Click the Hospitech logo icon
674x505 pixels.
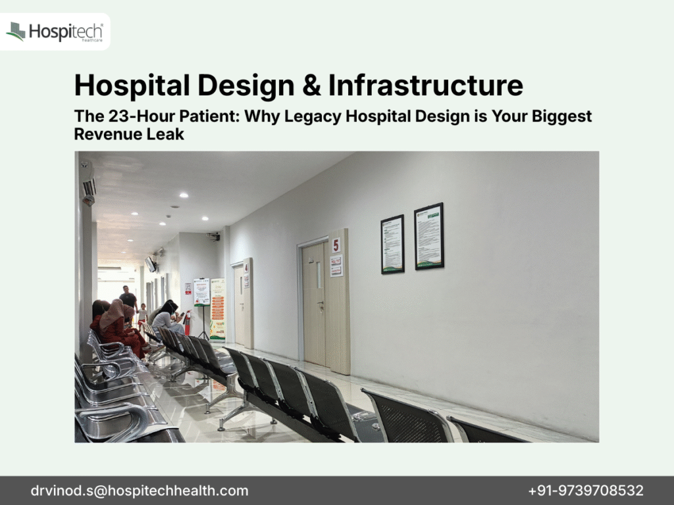(16, 31)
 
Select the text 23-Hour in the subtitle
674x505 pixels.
(127, 117)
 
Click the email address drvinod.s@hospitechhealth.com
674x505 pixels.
(140, 491)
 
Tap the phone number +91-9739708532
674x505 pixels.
(586, 491)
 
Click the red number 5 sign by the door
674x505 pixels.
(336, 245)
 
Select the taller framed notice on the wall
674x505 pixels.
(428, 236)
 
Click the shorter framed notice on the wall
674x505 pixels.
(392, 243)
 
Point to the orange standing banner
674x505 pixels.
(217, 308)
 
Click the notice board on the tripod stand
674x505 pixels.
(201, 291)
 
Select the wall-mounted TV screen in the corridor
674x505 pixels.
(151, 264)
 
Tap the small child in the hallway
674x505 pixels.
(142, 314)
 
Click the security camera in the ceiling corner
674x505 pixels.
(213, 235)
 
